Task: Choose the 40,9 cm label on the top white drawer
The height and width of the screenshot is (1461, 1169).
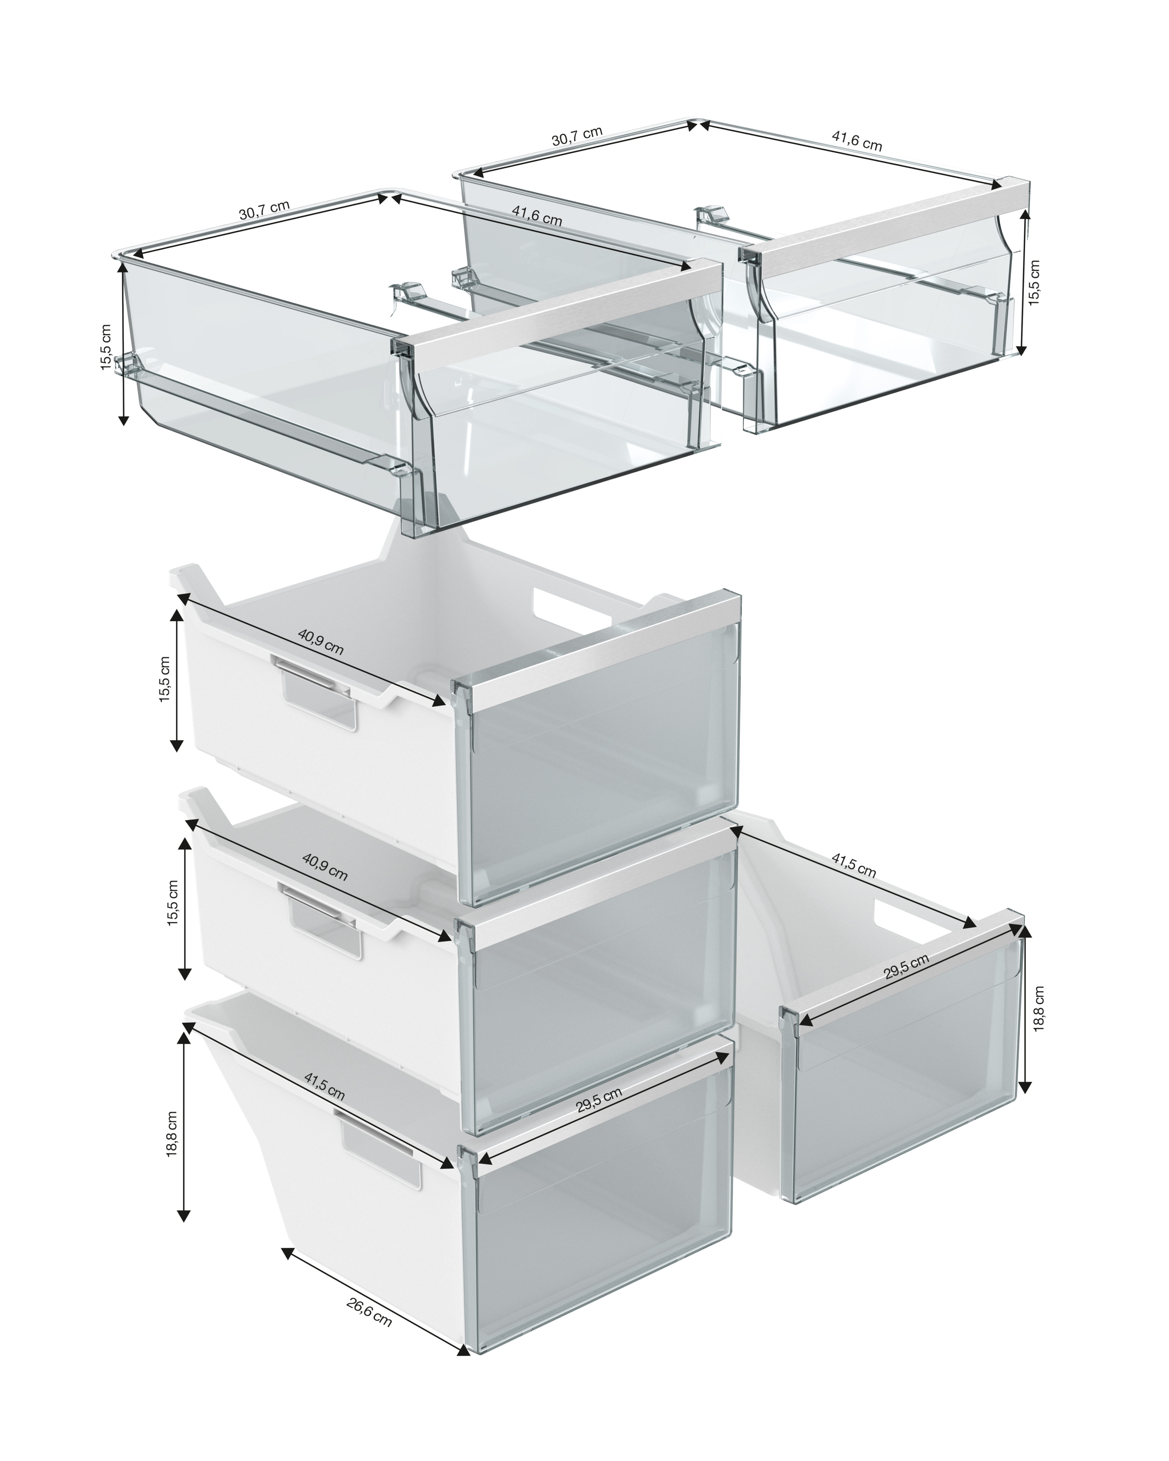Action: pyautogui.click(x=321, y=641)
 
